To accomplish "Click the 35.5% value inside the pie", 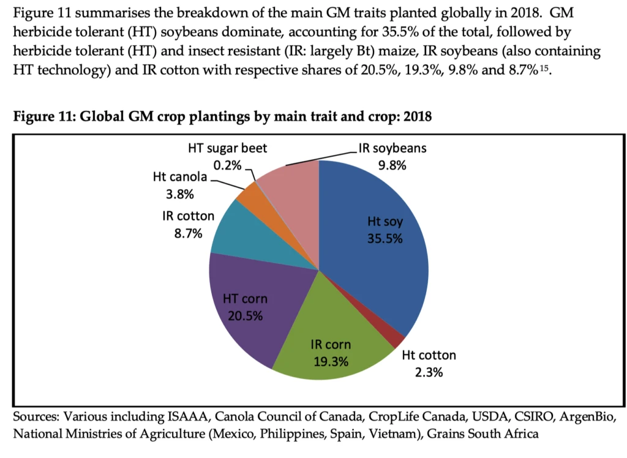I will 385,239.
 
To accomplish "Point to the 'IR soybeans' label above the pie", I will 391,149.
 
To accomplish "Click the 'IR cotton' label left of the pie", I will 184,216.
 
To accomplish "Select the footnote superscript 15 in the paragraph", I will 544,69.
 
